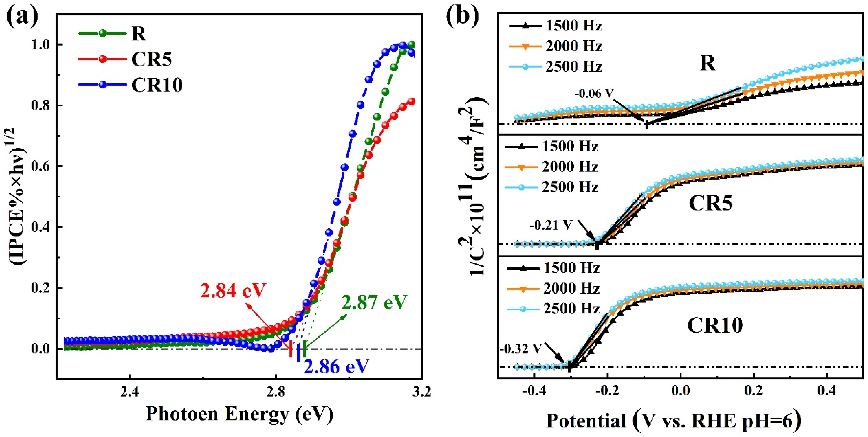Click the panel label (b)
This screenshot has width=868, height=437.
pyautogui.click(x=462, y=15)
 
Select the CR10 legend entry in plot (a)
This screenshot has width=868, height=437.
pyautogui.click(x=157, y=85)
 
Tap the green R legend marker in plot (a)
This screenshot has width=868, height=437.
pyautogui.click(x=103, y=33)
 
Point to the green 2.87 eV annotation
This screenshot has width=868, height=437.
pyautogui.click(x=374, y=302)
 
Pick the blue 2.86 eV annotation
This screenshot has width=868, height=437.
pyautogui.click(x=336, y=366)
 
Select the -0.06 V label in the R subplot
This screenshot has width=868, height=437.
pyautogui.click(x=594, y=93)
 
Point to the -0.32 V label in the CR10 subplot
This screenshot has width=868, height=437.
pyautogui.click(x=520, y=349)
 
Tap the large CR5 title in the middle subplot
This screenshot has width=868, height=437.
pyautogui.click(x=710, y=203)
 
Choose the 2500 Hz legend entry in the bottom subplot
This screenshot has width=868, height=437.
pyautogui.click(x=571, y=309)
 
